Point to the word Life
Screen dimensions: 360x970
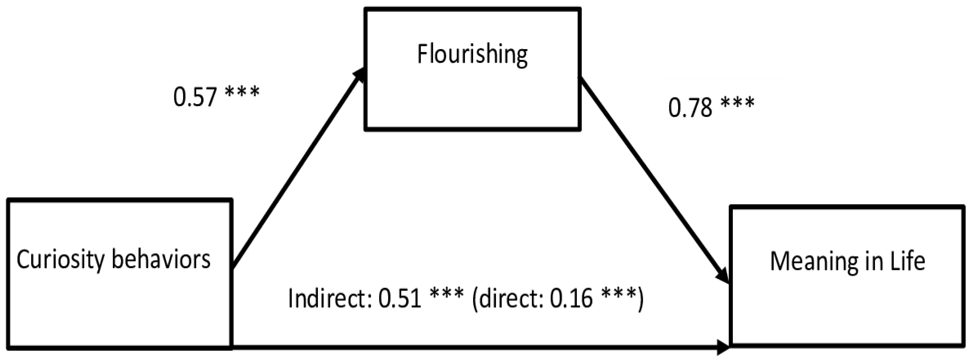click(908, 261)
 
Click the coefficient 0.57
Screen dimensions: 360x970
click(195, 97)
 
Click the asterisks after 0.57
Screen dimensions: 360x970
click(242, 92)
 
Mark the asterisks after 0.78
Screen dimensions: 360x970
click(737, 103)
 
